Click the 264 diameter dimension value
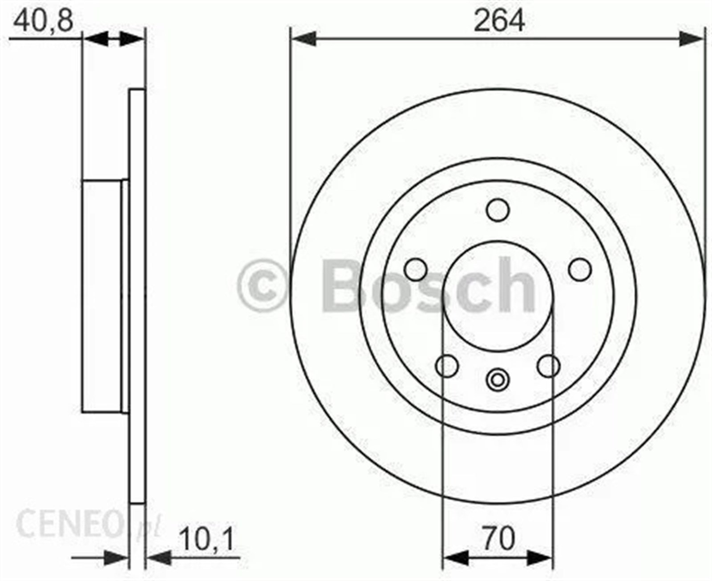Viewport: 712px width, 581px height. (499, 21)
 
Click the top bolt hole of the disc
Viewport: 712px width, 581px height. (498, 210)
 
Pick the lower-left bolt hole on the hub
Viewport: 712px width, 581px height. (447, 366)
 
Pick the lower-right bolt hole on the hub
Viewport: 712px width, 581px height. (548, 366)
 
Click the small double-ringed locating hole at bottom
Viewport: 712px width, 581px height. (498, 379)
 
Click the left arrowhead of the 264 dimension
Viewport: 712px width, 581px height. (303, 39)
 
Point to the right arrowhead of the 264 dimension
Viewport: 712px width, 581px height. (692, 39)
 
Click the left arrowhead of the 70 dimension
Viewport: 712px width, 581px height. (456, 557)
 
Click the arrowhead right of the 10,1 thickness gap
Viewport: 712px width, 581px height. (158, 557)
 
